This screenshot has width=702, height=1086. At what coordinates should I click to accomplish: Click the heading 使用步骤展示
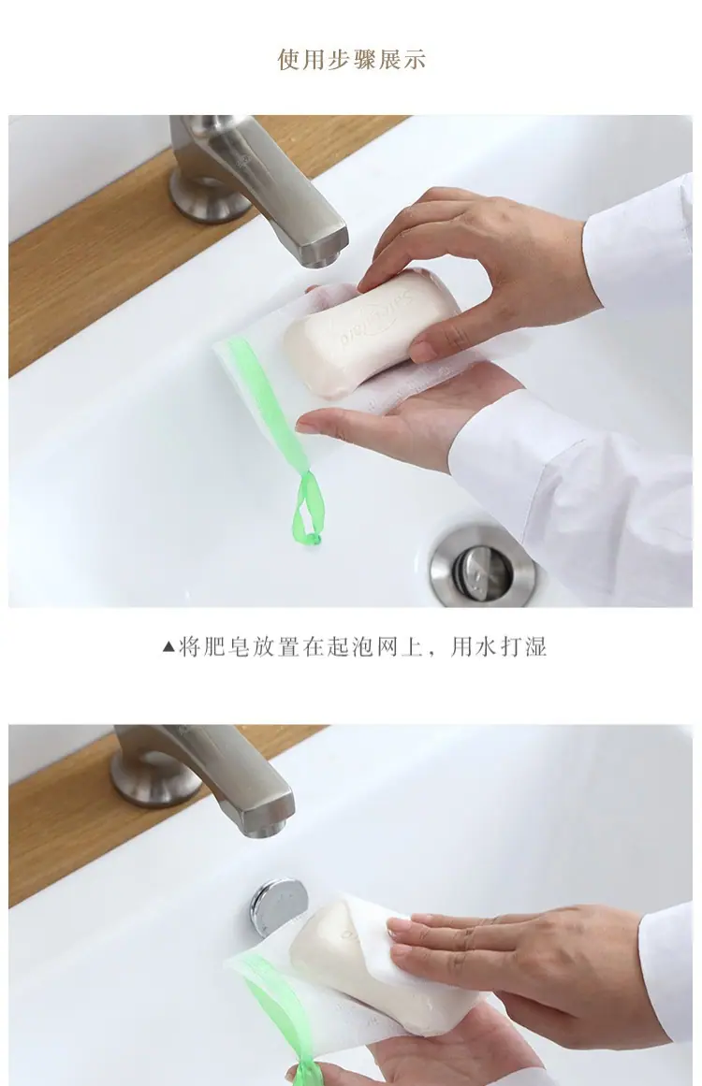[351, 60]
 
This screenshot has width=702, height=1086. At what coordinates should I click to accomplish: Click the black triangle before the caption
[168, 647]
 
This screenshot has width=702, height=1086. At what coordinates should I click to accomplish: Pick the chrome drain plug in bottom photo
[278, 905]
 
